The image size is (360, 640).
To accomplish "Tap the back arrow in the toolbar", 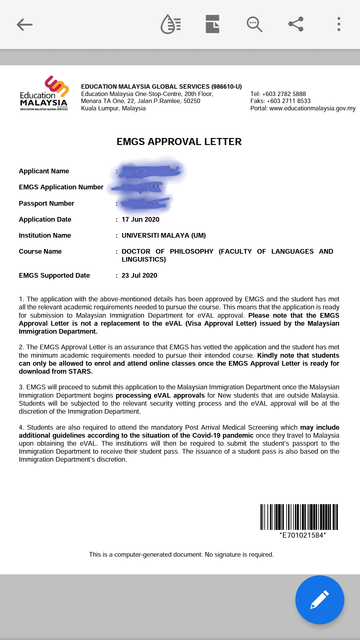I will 25,24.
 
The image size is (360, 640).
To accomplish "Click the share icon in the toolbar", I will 296,24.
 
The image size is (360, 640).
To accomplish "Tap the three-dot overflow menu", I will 339,24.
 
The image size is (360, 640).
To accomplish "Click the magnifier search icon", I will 254,24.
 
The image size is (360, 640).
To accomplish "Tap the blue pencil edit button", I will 319,599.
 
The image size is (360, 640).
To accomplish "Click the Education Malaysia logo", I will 44,94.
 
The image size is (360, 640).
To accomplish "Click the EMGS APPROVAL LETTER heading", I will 179,142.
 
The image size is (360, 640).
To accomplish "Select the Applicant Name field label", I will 44,171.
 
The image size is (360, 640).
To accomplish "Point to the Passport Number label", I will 46,203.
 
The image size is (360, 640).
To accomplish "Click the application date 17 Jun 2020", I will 140,219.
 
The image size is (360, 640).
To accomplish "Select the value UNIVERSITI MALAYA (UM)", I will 163,235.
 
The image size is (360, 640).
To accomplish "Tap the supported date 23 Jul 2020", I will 139,275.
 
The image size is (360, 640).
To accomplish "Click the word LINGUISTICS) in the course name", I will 144,259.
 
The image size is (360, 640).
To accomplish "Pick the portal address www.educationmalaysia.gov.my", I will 312,108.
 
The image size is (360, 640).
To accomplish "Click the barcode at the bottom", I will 299,517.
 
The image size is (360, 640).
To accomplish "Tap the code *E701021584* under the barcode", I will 303,535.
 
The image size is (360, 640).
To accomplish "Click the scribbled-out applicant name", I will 150,171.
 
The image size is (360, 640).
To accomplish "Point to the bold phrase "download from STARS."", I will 56,371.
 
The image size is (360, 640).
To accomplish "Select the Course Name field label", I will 40,251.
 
